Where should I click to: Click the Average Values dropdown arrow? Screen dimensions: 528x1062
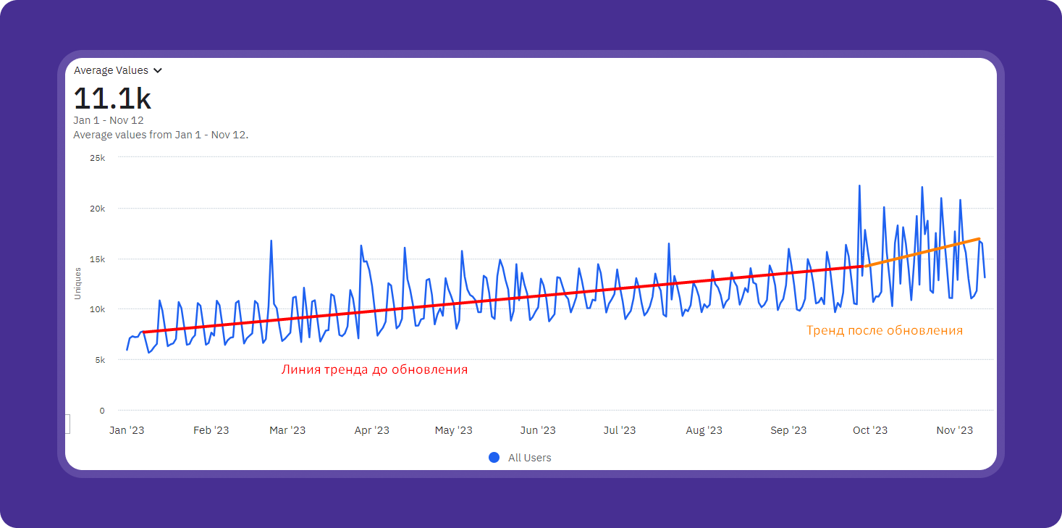coord(158,71)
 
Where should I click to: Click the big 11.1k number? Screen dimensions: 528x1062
coord(112,99)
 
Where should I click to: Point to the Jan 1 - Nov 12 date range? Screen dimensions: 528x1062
coord(109,120)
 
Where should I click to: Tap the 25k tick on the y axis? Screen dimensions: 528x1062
coord(97,158)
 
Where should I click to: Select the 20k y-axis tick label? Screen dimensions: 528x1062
coord(97,209)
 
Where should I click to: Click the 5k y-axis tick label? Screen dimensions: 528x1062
coord(99,360)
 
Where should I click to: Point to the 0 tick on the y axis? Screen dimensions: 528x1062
coord(102,411)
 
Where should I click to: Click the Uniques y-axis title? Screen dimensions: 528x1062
coord(77,284)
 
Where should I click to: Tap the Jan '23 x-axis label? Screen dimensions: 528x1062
coord(127,430)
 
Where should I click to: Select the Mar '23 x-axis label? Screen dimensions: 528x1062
coord(287,430)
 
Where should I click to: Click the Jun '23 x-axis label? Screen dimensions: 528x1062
coord(538,430)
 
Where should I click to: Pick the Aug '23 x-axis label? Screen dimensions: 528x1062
coord(704,430)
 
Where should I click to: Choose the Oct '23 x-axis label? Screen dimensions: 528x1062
coord(869,430)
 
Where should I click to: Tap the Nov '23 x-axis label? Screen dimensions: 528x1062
coord(955,430)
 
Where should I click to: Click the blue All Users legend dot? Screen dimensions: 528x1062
coord(494,458)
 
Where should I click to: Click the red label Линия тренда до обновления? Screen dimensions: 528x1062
coord(374,369)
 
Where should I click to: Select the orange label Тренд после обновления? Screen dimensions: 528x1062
coord(885,330)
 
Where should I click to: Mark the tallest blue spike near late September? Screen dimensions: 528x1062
coord(859,186)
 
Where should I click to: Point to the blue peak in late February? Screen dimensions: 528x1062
coord(271,241)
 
